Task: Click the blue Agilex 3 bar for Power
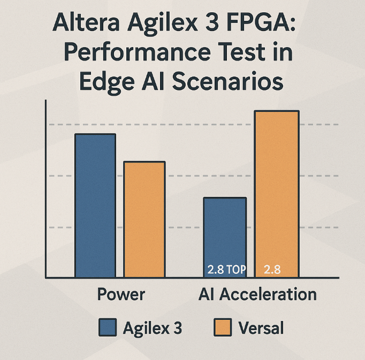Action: point(95,205)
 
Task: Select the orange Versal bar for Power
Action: point(145,219)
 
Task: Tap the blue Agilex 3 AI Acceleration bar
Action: point(225,238)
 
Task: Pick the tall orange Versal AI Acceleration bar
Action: point(277,194)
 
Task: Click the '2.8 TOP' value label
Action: point(226,270)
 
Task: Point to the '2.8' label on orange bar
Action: point(272,270)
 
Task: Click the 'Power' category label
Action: point(121,294)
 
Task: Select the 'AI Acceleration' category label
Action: point(257,294)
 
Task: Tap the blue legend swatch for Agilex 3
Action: point(108,327)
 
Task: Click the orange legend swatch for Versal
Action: point(223,327)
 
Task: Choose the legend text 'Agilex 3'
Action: point(152,328)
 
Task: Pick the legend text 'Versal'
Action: point(261,328)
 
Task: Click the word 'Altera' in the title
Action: point(86,22)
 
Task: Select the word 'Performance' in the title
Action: point(138,52)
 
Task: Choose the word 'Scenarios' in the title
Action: point(227,81)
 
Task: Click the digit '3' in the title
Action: point(211,22)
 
